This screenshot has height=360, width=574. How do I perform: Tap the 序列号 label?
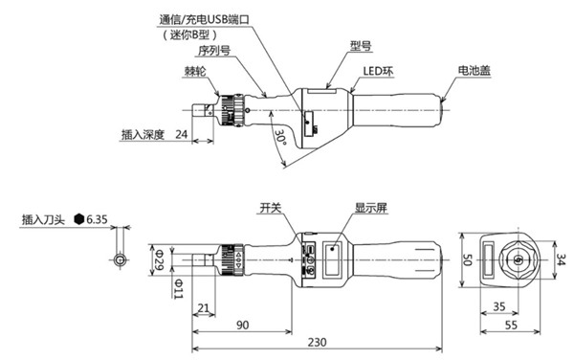(x=212, y=52)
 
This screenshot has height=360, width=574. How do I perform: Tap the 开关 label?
(x=272, y=207)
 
